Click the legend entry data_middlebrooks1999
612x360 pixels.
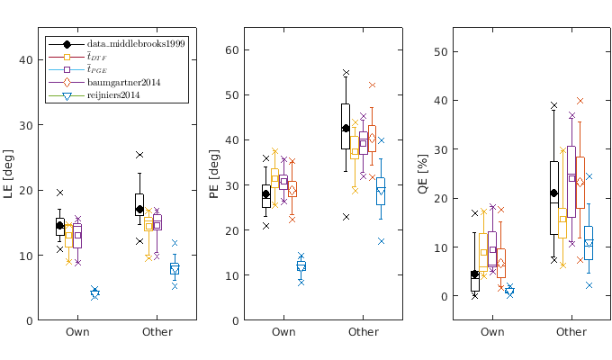click(x=136, y=44)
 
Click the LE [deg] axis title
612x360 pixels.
click(x=10, y=174)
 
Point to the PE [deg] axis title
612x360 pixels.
click(x=214, y=174)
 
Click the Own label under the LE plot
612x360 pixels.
click(x=76, y=333)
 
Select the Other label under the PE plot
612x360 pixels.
click(x=364, y=333)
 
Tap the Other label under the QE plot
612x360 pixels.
click(x=571, y=333)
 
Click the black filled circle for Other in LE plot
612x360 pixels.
click(x=139, y=209)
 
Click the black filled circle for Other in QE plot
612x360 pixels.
click(x=554, y=193)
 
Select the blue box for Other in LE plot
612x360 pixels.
click(x=175, y=268)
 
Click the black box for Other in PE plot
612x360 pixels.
click(x=346, y=126)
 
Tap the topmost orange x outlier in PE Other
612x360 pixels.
click(x=372, y=85)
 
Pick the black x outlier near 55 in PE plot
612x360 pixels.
click(x=346, y=73)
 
